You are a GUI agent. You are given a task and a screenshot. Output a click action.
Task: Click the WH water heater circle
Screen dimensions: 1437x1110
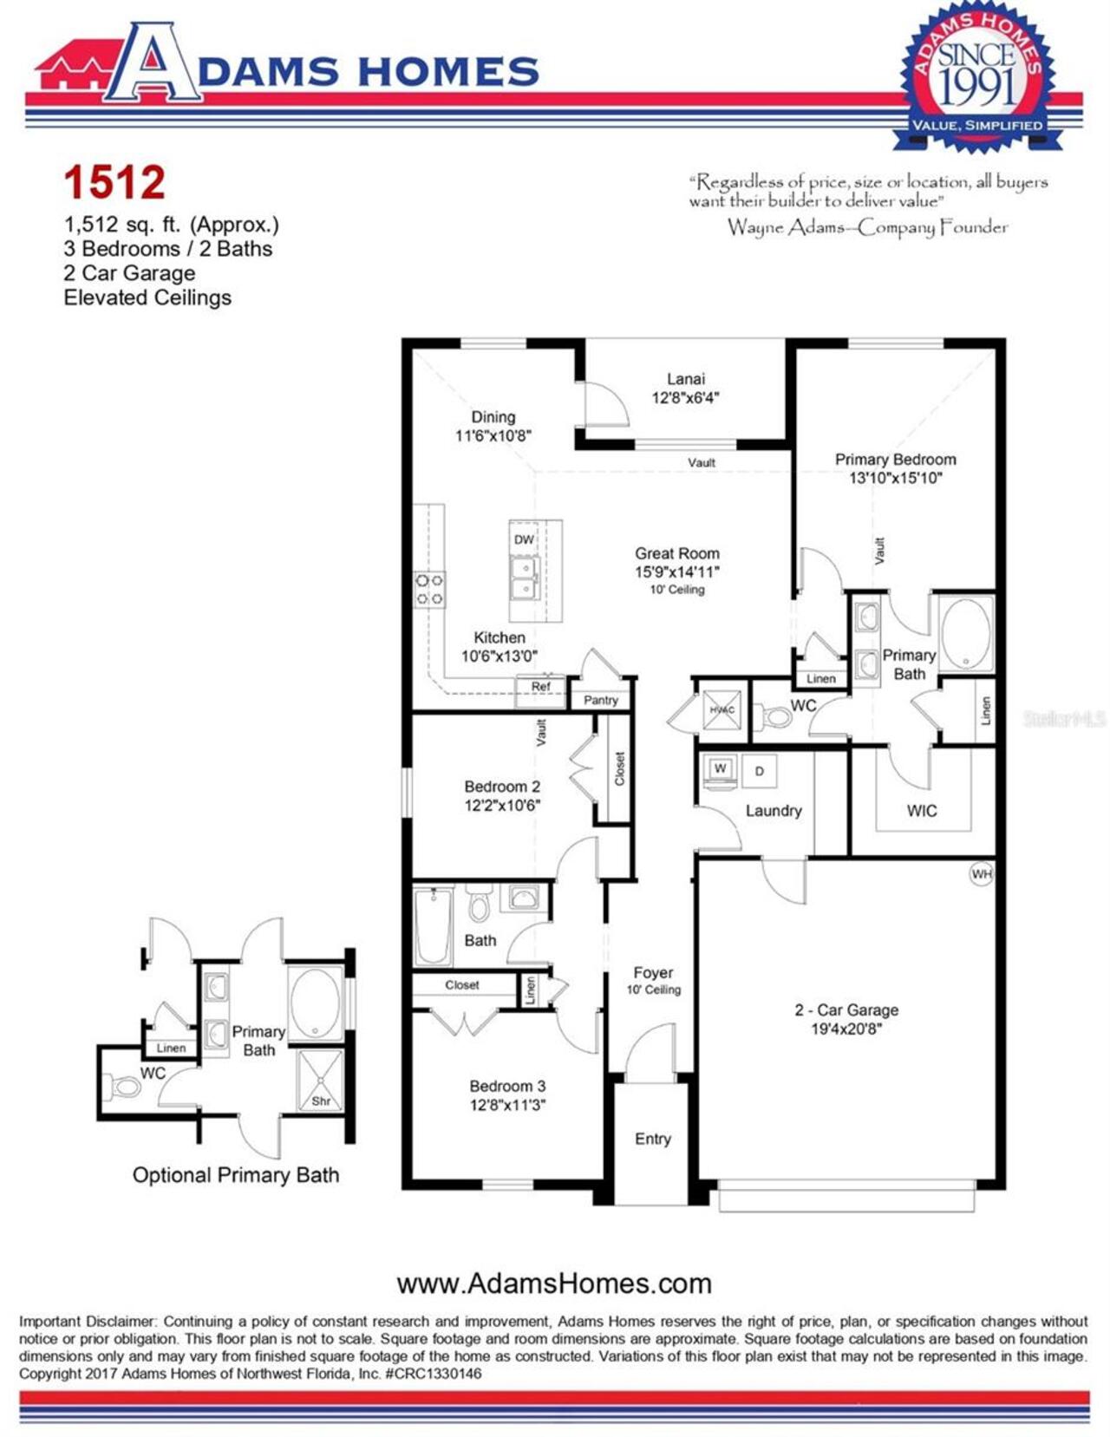pos(981,873)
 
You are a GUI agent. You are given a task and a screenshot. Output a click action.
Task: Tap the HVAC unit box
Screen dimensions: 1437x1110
pos(721,709)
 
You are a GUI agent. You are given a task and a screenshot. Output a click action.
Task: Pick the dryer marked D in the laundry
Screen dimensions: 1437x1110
pos(760,771)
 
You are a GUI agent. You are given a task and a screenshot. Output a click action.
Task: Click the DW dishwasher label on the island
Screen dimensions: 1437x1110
pos(524,539)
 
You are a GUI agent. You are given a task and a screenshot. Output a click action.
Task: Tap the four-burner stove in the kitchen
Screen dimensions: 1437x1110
pos(429,589)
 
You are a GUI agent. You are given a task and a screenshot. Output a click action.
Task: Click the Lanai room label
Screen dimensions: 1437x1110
pos(685,379)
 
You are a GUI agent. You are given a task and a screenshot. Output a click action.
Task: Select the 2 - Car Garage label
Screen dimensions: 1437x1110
pos(846,1010)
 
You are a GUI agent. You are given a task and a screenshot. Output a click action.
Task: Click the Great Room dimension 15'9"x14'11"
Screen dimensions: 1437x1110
pos(676,572)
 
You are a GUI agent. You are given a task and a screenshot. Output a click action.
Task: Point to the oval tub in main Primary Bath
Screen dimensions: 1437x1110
pos(965,634)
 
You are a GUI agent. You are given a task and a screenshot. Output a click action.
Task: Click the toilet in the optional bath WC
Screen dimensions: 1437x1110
pos(123,1087)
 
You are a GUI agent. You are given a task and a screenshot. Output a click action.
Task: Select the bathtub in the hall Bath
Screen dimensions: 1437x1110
pos(433,925)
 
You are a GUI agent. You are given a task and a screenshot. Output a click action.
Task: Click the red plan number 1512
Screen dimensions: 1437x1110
pos(114,182)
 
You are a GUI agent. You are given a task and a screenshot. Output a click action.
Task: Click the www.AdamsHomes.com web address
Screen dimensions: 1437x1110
pos(553,1283)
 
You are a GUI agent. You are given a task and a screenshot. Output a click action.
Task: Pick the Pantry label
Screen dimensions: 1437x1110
pos(601,700)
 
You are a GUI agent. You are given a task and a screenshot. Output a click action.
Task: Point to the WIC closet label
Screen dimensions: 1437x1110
pos(921,811)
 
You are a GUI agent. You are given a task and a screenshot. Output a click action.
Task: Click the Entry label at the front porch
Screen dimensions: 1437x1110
pos(652,1139)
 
